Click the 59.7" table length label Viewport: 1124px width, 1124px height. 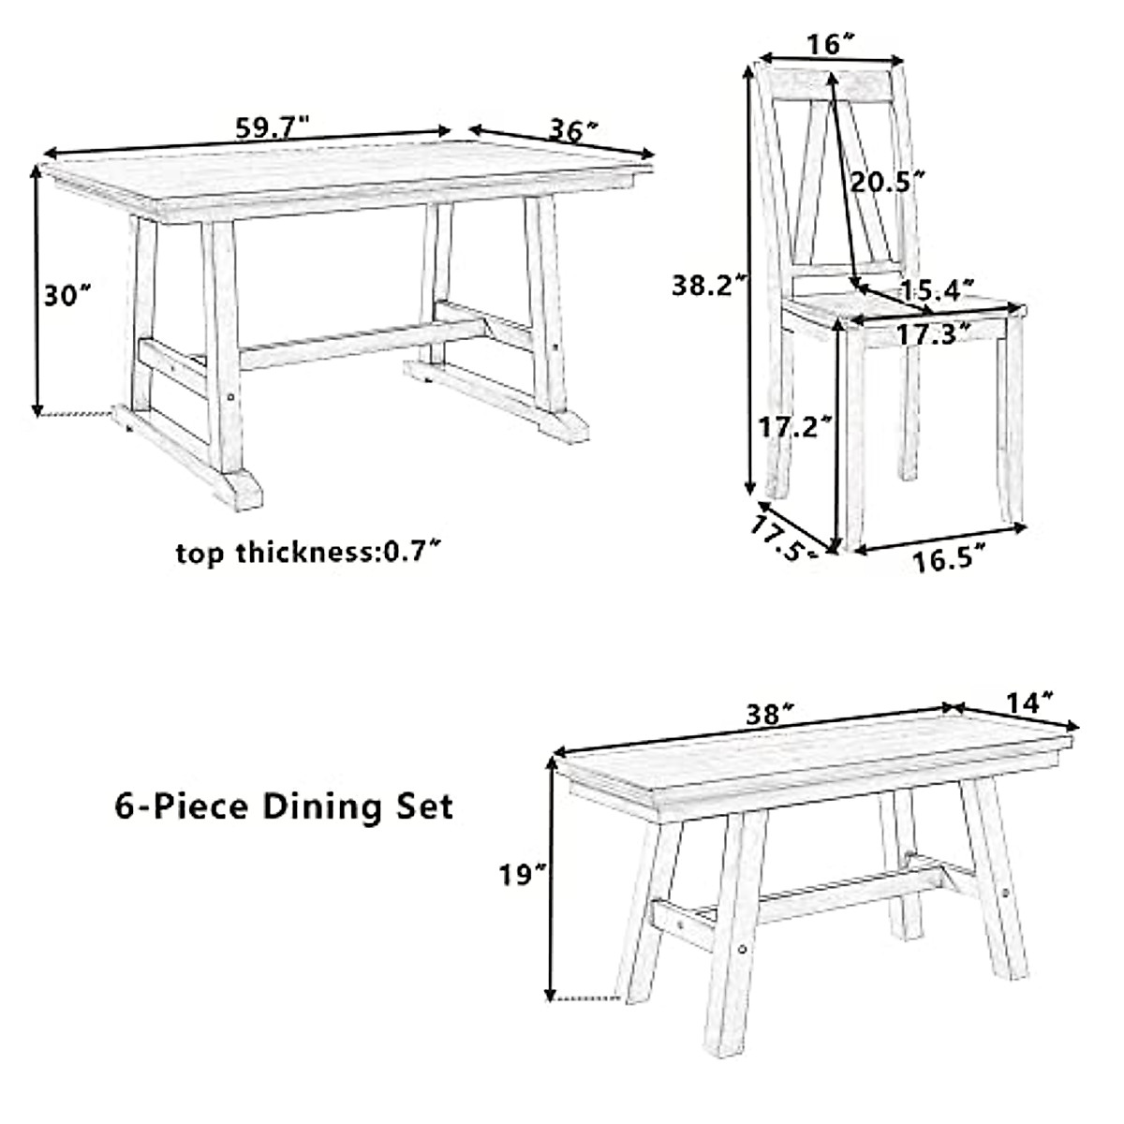(272, 128)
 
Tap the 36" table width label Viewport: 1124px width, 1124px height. (573, 131)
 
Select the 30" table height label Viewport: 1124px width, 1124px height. (67, 295)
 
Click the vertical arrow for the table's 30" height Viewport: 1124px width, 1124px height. (37, 290)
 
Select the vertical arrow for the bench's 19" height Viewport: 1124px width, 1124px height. (551, 880)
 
